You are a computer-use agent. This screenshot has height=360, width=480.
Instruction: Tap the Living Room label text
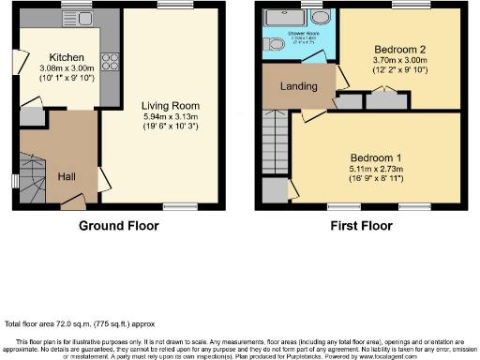coord(166,106)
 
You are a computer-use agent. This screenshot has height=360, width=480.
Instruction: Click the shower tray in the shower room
coord(281,20)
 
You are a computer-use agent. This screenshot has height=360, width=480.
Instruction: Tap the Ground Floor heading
coord(118,226)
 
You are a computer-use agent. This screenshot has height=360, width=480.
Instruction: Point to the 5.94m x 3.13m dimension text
coord(166,116)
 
